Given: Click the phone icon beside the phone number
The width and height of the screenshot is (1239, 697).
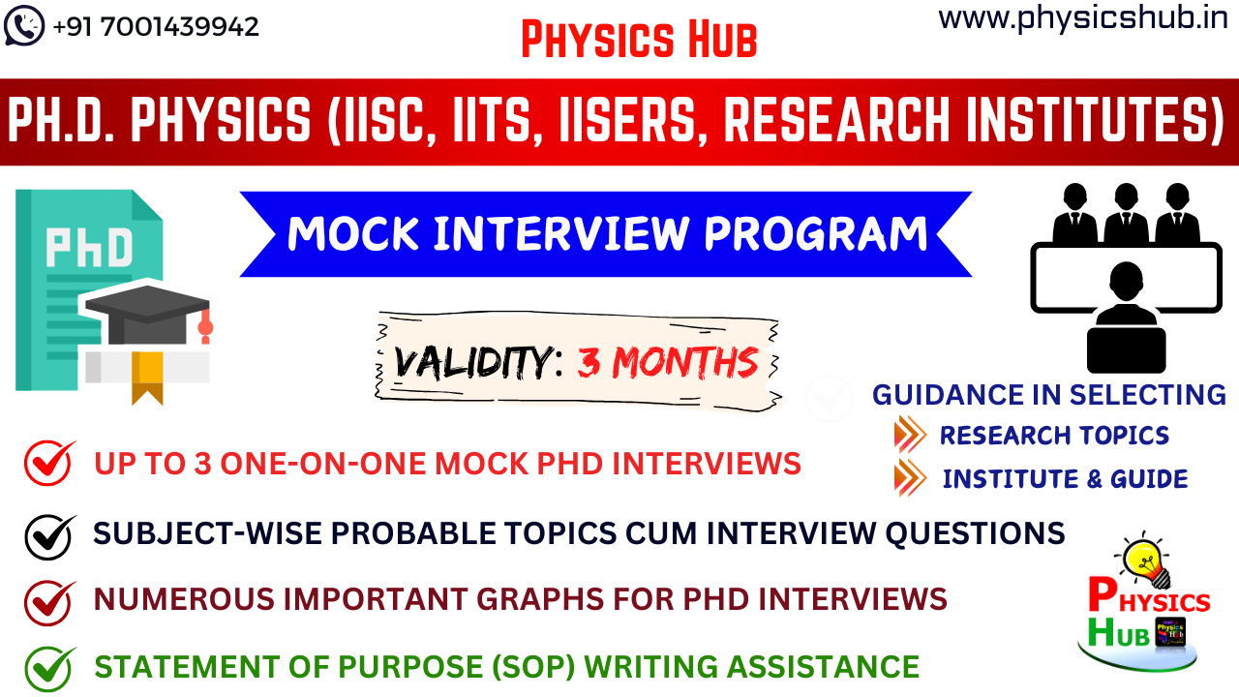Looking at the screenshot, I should (x=24, y=25).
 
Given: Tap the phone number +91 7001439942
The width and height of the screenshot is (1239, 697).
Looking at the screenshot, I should (x=156, y=26).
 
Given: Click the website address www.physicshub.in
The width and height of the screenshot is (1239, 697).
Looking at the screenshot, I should (x=1083, y=18).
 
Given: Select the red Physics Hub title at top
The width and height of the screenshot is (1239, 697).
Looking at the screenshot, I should (x=639, y=41).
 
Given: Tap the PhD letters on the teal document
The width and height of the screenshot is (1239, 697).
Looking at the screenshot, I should (x=90, y=248).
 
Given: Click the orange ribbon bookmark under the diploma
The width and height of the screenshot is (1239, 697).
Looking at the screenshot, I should (x=147, y=379).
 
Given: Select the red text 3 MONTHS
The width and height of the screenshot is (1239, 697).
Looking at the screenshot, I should (x=668, y=362).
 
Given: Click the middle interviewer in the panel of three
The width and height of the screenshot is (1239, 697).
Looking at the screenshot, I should (x=1126, y=215).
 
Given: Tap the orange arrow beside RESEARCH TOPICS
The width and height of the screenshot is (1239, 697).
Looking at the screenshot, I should (x=910, y=435).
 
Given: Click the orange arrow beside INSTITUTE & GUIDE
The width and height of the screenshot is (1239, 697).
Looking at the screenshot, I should (x=910, y=477).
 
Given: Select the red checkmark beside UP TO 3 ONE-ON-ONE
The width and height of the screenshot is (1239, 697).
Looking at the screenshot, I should (x=49, y=463).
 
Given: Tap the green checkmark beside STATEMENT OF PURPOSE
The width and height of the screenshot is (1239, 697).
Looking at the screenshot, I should (x=49, y=667).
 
